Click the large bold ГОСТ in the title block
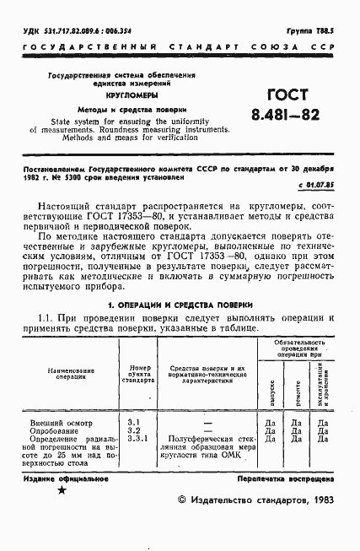tap(286, 95)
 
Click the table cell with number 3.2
tap(134, 429)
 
